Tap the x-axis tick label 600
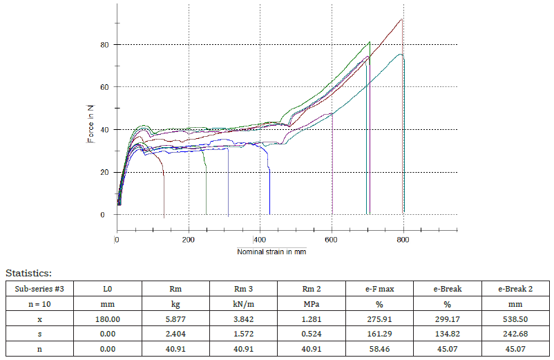pyautogui.click(x=332, y=240)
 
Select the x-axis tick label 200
pyautogui.click(x=189, y=240)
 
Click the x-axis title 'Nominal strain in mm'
pyautogui.click(x=271, y=252)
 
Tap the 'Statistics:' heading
pyautogui.click(x=28, y=274)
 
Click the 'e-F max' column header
pyautogui.click(x=379, y=288)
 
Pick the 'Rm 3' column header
pyautogui.click(x=244, y=288)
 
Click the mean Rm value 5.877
pyautogui.click(x=175, y=320)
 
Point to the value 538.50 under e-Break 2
pyautogui.click(x=515, y=320)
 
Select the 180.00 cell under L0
pyautogui.click(x=108, y=320)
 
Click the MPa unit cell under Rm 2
pyautogui.click(x=312, y=304)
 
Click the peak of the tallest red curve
pyautogui.click(x=401, y=19)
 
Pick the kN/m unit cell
pyautogui.click(x=244, y=304)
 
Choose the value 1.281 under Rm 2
pyautogui.click(x=312, y=320)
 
